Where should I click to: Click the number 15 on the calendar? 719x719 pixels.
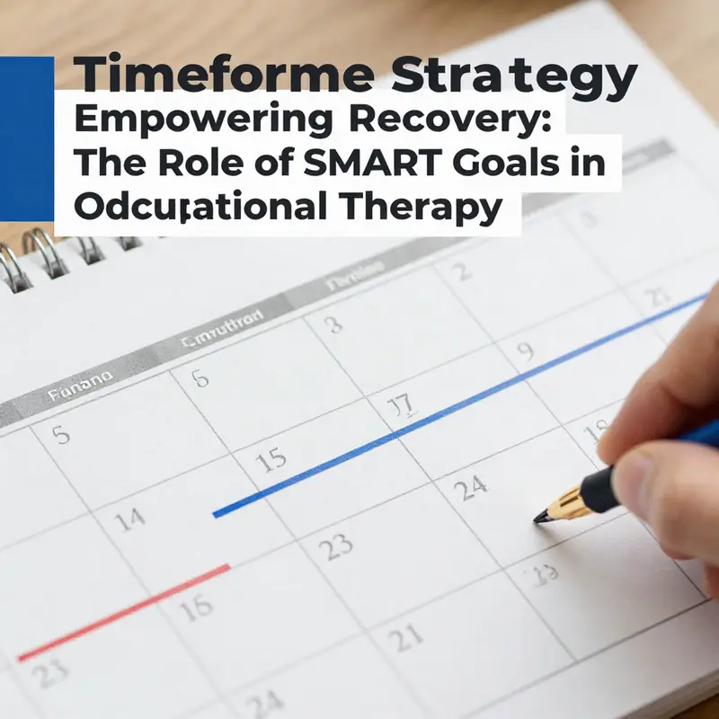[271, 461]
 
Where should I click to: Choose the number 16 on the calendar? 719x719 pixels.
[195, 608]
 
